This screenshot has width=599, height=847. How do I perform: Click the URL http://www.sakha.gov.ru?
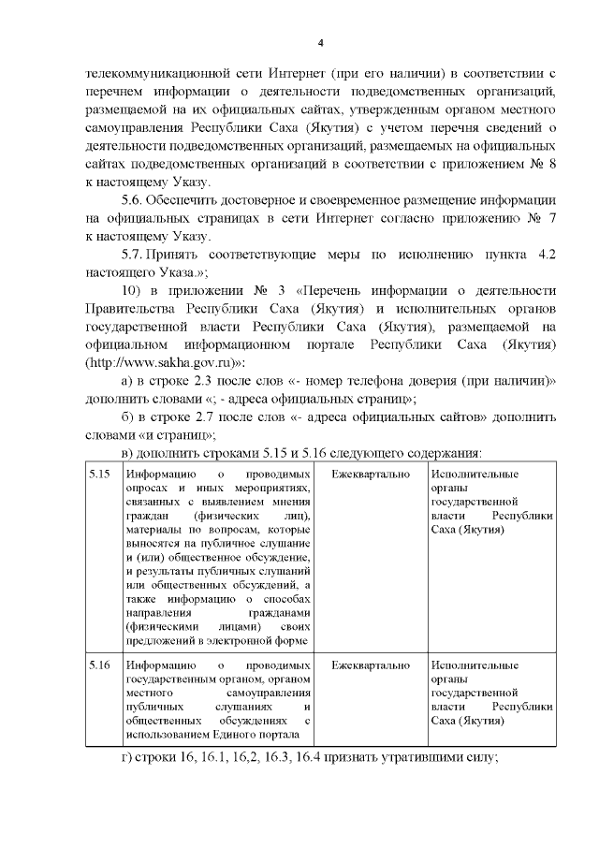163,360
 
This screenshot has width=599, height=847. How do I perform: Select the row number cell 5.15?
99,475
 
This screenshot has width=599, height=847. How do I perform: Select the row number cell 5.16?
99,665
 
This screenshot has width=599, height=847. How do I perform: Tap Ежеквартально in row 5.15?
371,475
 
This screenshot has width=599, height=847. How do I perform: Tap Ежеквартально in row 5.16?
371,665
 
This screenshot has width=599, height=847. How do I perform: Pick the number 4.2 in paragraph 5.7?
547,255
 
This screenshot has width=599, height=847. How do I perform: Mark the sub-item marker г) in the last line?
128,757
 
